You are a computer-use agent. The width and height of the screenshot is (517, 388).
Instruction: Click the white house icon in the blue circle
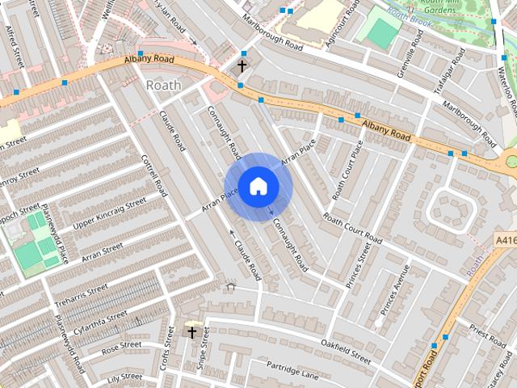pos(258,186)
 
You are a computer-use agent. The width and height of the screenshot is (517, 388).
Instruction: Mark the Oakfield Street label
pos(345,352)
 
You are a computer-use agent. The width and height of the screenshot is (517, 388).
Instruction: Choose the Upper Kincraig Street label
pos(110,212)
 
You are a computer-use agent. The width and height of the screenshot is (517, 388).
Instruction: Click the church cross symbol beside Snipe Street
pos(192,331)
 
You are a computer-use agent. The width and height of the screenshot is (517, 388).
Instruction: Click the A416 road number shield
pos(506,240)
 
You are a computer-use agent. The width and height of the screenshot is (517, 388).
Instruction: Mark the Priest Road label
pos(486,334)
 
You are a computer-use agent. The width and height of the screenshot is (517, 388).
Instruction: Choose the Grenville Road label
pos(410,53)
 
